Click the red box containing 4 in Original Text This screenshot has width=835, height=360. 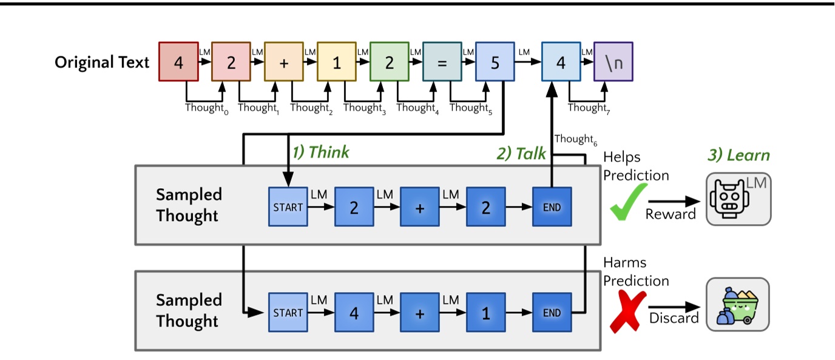178,62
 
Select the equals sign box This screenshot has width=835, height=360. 442,62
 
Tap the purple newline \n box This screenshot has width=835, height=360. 614,62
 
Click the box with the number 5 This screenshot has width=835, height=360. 495,62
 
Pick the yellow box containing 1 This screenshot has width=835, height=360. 336,62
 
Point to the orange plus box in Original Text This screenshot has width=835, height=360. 283,62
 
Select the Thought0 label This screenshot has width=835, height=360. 207,108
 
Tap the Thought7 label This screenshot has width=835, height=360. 589,108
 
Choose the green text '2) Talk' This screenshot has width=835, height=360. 521,154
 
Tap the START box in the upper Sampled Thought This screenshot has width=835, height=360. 288,207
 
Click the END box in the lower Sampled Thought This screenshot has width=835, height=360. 552,313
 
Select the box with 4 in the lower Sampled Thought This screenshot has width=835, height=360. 354,313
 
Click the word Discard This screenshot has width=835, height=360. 674,318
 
